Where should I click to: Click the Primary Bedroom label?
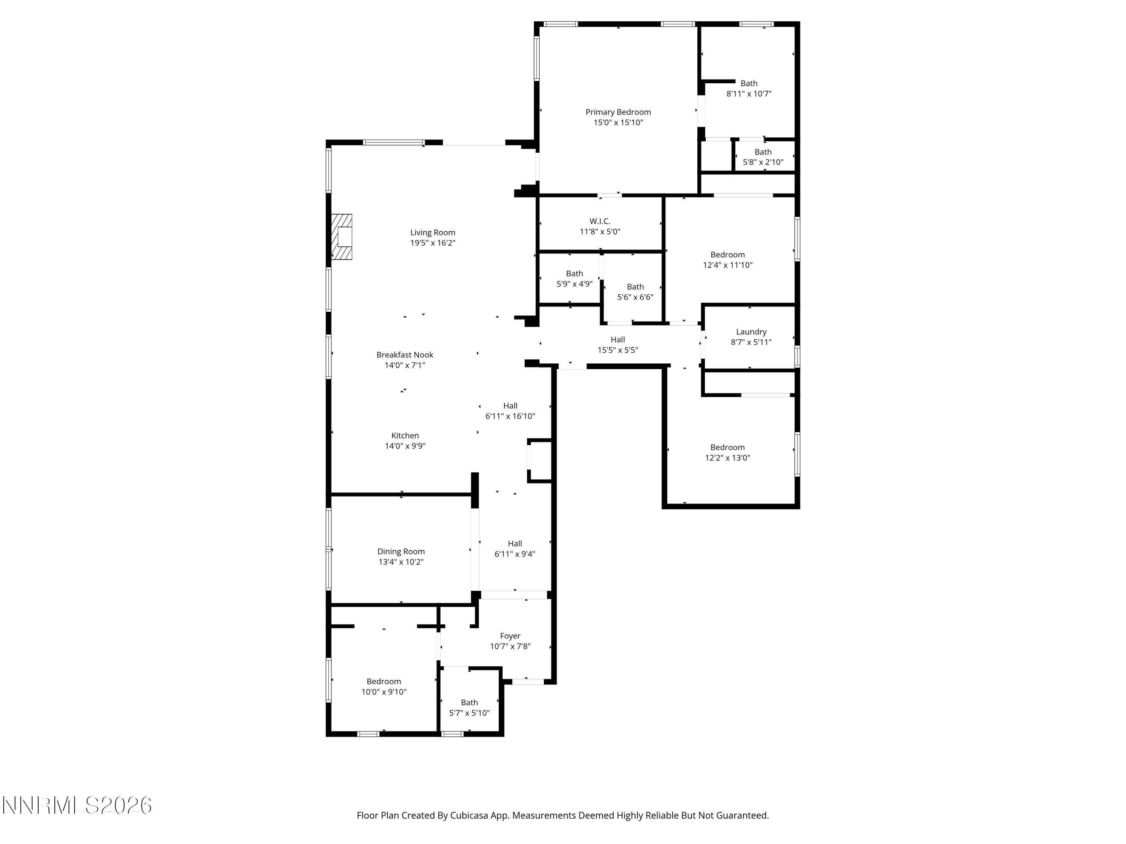click(x=618, y=112)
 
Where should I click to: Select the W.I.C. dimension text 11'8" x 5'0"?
click(x=600, y=231)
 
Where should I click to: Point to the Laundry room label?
click(x=751, y=332)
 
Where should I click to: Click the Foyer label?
click(x=510, y=636)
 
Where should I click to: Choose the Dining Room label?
click(x=400, y=551)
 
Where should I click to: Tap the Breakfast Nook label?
click(x=405, y=354)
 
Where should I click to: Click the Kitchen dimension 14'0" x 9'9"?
click(x=405, y=446)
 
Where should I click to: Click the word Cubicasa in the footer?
click(x=469, y=815)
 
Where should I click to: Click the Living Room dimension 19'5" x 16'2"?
click(x=433, y=243)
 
